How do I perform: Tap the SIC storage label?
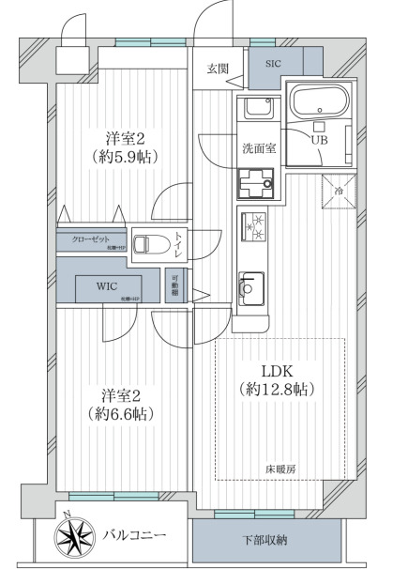(x=272, y=63)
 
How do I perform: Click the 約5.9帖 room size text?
(x=123, y=157)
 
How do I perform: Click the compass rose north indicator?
(x=74, y=537)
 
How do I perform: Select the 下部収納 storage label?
(x=266, y=541)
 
